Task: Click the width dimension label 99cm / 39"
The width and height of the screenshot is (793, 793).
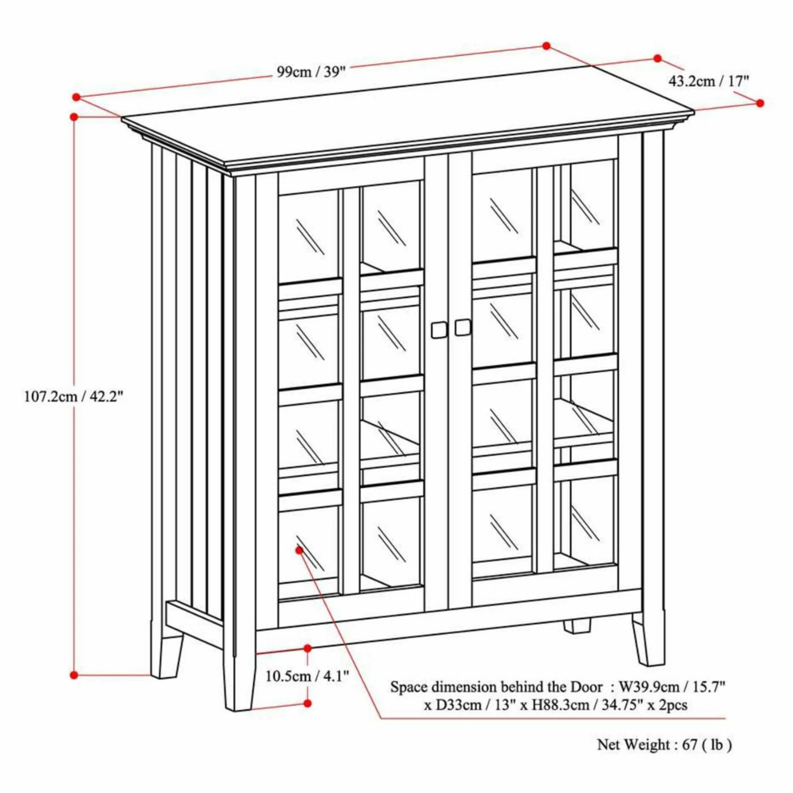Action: (310, 72)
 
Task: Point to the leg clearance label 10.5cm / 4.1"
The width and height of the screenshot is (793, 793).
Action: (307, 676)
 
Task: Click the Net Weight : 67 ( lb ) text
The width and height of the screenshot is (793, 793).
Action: (664, 767)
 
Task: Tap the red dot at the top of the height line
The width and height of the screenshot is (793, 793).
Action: (74, 117)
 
